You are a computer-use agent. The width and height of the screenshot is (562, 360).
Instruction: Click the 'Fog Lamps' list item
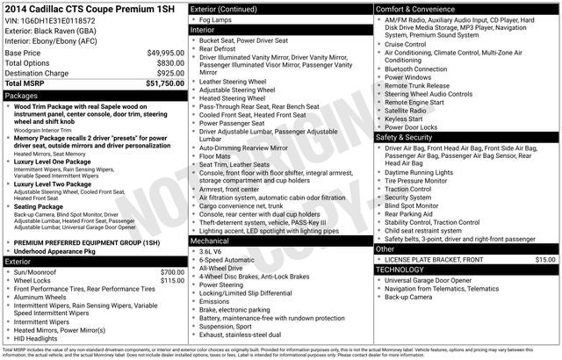click(x=217, y=18)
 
